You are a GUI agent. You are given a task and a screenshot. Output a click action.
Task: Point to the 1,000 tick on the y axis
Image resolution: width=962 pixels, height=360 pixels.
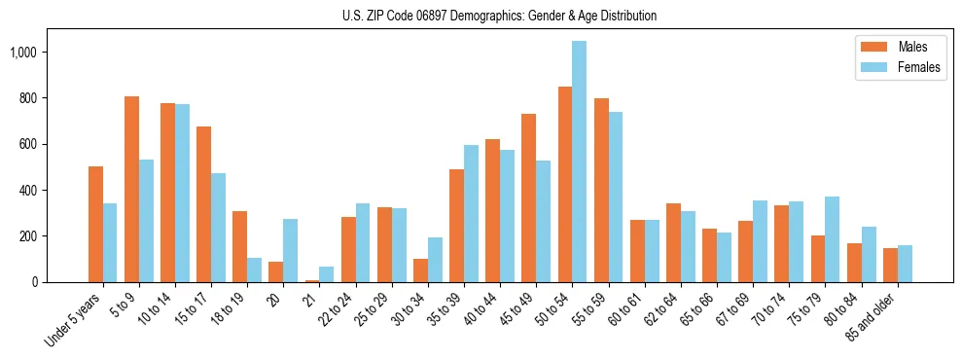tap(24, 52)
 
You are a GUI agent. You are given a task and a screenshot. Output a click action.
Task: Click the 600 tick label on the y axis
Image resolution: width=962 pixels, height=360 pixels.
tap(30, 144)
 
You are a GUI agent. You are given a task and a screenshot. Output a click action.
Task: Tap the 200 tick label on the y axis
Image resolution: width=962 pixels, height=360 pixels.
tap(30, 236)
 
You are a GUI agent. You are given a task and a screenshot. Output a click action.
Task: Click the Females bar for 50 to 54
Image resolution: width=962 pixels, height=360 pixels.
tap(579, 162)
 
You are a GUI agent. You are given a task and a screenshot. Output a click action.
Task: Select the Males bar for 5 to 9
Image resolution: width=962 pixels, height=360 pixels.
tap(131, 189)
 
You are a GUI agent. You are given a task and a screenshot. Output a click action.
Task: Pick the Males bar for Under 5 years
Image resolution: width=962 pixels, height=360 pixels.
tap(95, 224)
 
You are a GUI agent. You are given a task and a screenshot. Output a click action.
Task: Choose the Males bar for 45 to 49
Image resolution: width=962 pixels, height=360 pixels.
tap(528, 198)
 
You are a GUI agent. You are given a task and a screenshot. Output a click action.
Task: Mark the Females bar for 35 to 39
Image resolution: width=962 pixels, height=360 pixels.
tap(471, 213)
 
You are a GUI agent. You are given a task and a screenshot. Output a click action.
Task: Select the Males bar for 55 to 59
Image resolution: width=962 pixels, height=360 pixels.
tap(601, 190)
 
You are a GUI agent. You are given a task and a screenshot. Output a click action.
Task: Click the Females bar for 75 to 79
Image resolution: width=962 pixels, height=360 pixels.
tap(832, 239)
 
